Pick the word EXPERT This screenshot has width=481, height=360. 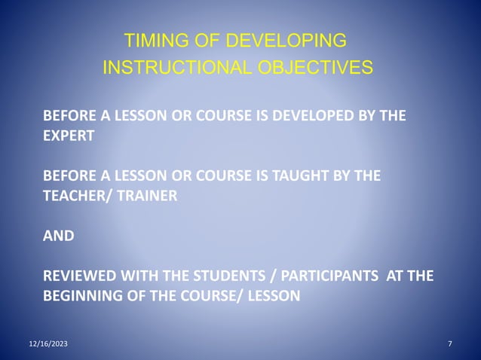click(x=69, y=137)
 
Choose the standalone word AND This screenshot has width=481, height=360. click(x=59, y=235)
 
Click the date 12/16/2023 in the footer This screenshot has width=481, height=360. click(x=47, y=344)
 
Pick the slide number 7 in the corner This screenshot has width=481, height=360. click(x=450, y=344)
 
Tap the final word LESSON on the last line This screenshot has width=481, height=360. click(x=272, y=295)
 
